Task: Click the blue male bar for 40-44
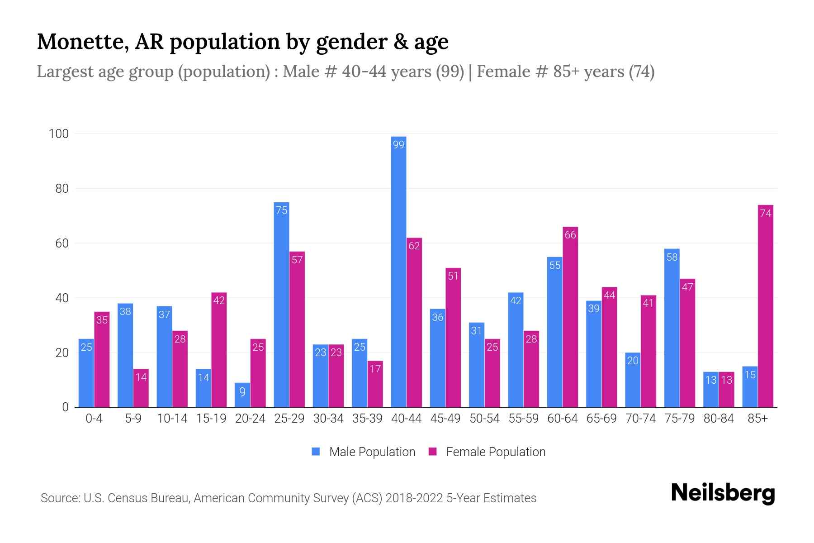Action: (x=398, y=271)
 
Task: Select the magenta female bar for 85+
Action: (x=765, y=308)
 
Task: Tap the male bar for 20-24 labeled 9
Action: (x=242, y=395)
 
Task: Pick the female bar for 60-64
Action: (x=570, y=317)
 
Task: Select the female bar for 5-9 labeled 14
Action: (x=141, y=388)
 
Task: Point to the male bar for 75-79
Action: (x=672, y=328)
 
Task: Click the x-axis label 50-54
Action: (x=484, y=419)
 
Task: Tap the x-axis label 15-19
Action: (x=211, y=419)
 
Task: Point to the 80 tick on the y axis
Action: (x=62, y=189)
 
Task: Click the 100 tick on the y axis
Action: (x=59, y=134)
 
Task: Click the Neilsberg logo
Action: (x=723, y=493)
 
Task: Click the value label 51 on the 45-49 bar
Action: (x=453, y=276)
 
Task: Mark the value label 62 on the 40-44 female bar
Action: (x=414, y=246)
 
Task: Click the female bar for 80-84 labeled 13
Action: (x=726, y=390)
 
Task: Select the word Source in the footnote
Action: (x=60, y=498)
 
